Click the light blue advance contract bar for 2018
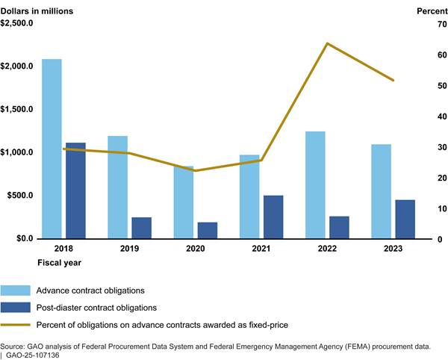pos(52,149)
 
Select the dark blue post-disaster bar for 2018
pos(75,190)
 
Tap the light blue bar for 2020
pos(184,202)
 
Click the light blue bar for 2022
pos(315,185)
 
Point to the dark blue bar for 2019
pos(142,228)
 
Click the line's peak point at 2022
pos(327,43)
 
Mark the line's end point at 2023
pos(393,80)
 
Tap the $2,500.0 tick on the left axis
pos(19,23)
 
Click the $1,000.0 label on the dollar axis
pos(19,152)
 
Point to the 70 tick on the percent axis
pos(423,24)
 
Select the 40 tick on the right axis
pos(423,117)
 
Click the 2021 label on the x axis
pos(261,249)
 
